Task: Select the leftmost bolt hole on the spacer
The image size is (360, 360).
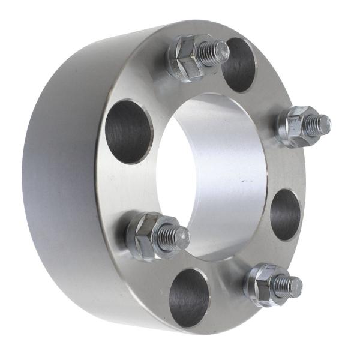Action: [129, 131]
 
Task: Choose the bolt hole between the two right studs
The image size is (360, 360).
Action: [285, 214]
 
